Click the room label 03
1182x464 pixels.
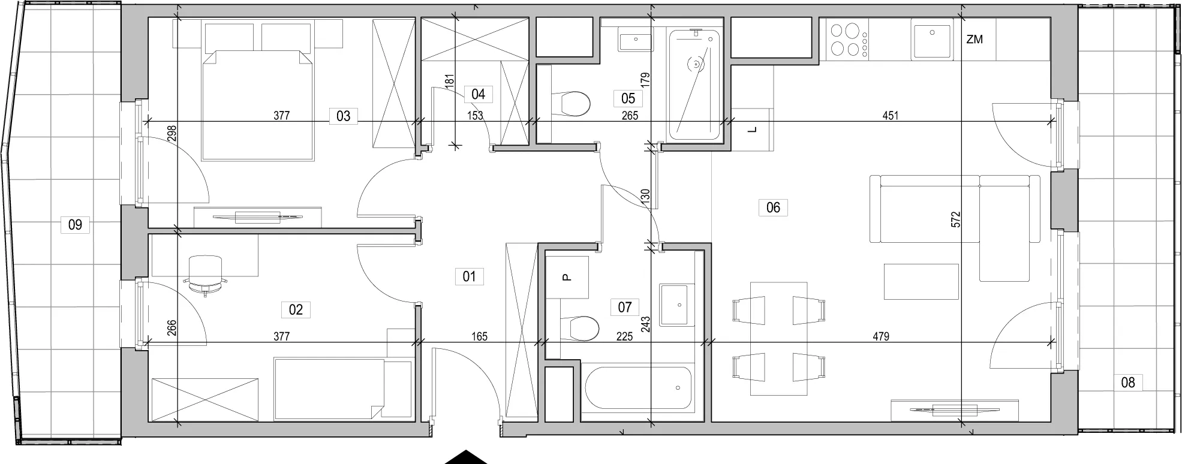point(343,116)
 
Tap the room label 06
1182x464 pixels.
point(773,207)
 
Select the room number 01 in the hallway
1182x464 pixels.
point(469,276)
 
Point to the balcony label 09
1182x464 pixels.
point(75,225)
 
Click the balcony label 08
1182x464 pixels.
point(1128,382)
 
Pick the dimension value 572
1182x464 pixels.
point(956,219)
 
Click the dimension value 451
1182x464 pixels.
point(891,116)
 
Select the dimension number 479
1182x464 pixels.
point(881,337)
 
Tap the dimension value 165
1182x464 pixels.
point(479,337)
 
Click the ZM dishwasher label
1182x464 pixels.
point(975,40)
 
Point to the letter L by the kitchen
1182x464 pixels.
point(754,129)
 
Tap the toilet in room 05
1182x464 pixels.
point(569,104)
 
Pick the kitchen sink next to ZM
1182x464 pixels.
point(931,39)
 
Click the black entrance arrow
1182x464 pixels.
point(465,457)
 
